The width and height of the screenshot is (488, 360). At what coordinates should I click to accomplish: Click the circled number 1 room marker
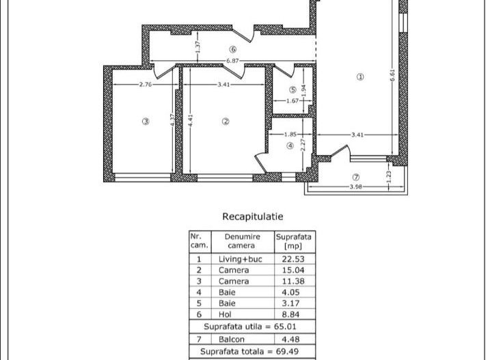(360, 77)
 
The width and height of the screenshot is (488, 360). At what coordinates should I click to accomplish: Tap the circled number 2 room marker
(226, 122)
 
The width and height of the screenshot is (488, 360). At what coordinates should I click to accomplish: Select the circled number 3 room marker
(146, 122)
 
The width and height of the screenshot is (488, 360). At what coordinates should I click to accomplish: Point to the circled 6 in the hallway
(232, 49)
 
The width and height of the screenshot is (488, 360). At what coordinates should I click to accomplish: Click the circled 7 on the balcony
(355, 178)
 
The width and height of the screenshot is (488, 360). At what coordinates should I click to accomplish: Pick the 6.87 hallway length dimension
(232, 61)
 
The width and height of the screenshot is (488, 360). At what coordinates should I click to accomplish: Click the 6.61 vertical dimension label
(392, 75)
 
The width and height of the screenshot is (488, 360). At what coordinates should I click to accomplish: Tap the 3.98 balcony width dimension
(355, 186)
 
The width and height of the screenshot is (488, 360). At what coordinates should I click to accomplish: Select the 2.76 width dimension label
(146, 84)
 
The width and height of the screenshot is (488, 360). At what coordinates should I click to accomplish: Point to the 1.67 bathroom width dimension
(293, 101)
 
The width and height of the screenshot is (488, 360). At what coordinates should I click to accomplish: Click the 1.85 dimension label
(290, 135)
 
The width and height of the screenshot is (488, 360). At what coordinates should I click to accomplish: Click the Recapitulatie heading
(253, 217)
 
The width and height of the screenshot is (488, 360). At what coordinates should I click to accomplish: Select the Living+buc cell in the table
(241, 259)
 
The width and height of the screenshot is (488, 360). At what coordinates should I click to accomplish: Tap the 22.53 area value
(293, 259)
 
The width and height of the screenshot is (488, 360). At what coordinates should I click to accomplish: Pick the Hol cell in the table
(225, 314)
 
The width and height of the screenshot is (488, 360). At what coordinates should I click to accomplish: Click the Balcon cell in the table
(232, 339)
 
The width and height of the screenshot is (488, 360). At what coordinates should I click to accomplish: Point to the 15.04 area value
(293, 270)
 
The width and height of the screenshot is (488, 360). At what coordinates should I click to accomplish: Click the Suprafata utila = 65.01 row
(250, 327)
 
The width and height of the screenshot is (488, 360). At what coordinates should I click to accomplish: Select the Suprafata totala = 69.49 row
(249, 352)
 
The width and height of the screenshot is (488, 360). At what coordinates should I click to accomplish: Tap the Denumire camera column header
(242, 241)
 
